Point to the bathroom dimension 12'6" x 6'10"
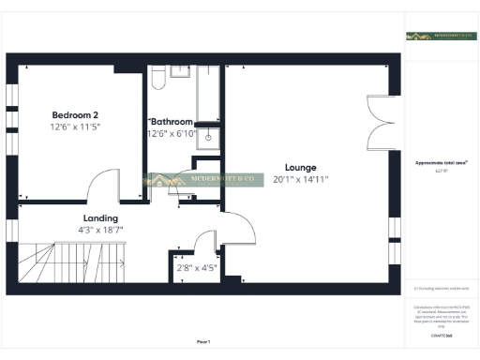point(172,134)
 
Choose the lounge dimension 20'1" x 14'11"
point(300,179)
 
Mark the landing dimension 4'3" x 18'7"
point(101,229)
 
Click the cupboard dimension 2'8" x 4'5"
point(196,268)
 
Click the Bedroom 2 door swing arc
point(99,187)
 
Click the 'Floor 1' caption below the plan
point(203,341)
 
